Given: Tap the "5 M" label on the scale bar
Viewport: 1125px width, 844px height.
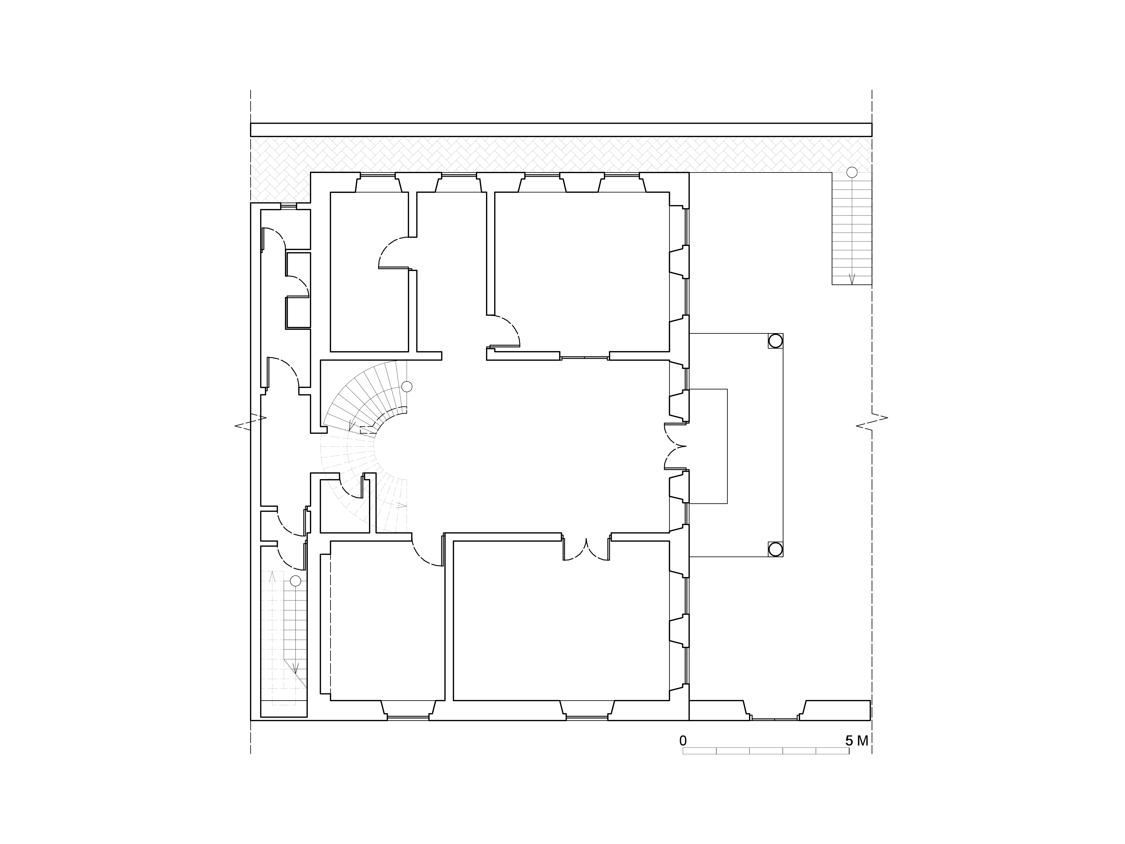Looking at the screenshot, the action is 857,741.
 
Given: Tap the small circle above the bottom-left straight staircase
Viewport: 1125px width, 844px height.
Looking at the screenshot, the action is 296,581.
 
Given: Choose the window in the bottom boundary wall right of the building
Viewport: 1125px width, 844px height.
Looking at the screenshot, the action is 775,718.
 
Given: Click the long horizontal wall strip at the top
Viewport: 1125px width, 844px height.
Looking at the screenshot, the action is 561,130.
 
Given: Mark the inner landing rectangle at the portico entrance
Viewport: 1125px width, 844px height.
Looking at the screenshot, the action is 708,446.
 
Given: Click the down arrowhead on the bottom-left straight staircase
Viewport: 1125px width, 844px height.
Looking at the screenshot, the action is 296,668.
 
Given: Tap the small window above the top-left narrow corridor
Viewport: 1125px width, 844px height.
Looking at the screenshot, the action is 288,206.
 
